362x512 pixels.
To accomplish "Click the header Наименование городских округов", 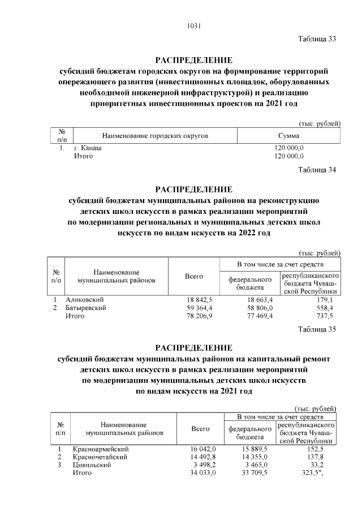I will (155, 136).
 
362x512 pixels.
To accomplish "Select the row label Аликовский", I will (85, 300).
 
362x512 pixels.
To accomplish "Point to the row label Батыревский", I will (87, 308).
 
